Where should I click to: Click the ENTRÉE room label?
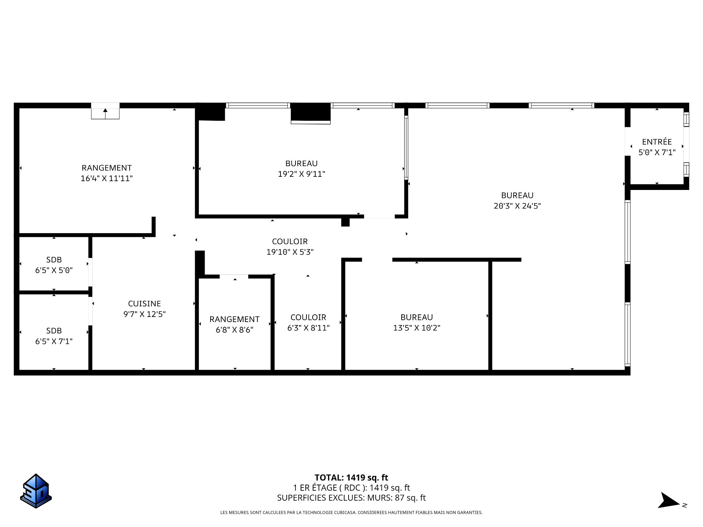(x=657, y=142)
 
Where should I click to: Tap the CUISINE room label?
(x=145, y=303)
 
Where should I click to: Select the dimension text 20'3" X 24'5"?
(x=517, y=206)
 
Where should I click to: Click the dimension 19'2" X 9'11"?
(x=301, y=174)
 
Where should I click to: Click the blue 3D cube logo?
(x=36, y=491)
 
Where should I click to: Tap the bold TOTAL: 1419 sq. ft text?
(x=351, y=478)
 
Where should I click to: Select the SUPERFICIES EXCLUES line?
(x=351, y=498)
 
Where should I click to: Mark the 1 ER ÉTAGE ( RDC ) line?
(x=351, y=488)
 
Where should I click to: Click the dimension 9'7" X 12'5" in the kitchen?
(x=145, y=314)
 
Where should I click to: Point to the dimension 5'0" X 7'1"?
(x=657, y=153)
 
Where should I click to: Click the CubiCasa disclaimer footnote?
(x=351, y=513)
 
